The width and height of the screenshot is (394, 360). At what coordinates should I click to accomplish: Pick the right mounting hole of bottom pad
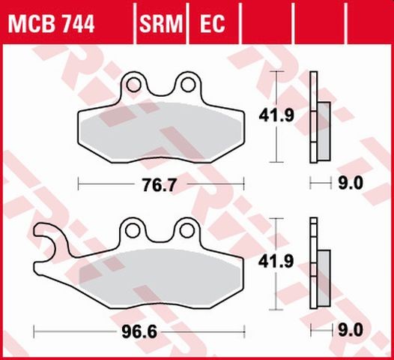[183, 228]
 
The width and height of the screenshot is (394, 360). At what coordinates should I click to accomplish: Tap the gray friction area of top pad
[161, 131]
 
